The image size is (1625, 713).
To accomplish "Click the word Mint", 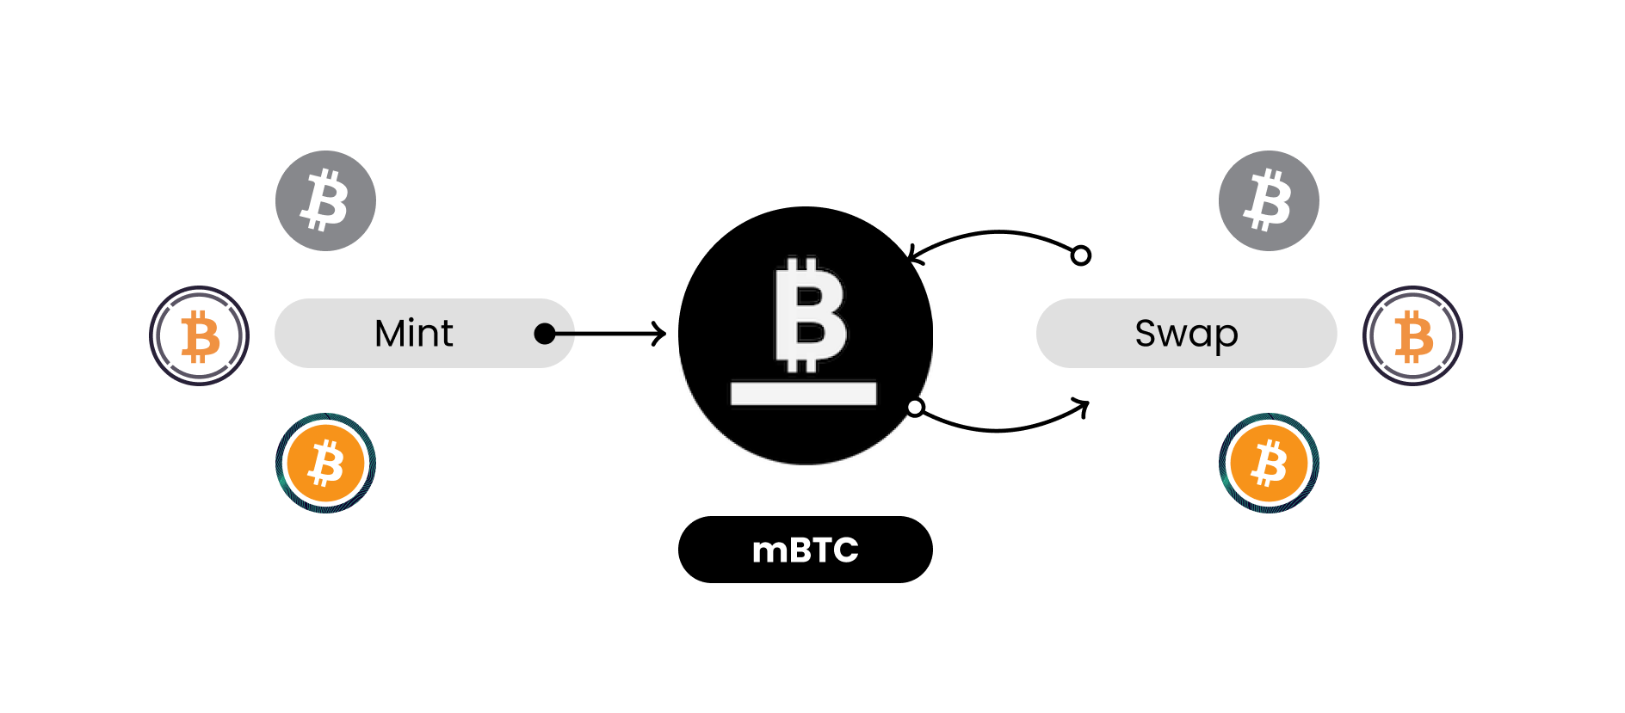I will click(x=413, y=334).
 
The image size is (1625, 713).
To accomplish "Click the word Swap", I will click(x=1186, y=334).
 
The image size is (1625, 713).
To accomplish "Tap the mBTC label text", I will click(x=805, y=550).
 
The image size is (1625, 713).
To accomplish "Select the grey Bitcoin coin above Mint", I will click(x=325, y=201).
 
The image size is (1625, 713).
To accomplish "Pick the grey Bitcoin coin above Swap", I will click(x=1269, y=201).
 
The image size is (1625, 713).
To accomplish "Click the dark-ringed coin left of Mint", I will click(x=199, y=335).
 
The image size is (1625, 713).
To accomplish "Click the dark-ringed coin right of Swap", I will click(x=1412, y=335).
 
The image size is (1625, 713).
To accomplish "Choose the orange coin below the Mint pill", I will click(x=325, y=464).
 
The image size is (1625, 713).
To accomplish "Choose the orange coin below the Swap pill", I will click(x=1269, y=464).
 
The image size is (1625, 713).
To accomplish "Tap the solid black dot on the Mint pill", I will click(x=545, y=334).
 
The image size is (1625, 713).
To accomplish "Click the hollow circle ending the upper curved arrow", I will click(x=1081, y=255).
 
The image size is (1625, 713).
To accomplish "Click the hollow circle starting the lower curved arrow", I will click(x=916, y=408).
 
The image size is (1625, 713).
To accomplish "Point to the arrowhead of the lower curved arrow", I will click(x=1083, y=405).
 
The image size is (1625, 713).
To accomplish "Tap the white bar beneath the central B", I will click(x=803, y=394).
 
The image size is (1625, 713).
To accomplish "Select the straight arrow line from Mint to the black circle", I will click(x=607, y=334).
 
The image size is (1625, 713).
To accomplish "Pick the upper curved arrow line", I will click(x=998, y=231).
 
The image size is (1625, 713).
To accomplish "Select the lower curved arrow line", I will click(x=998, y=429).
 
